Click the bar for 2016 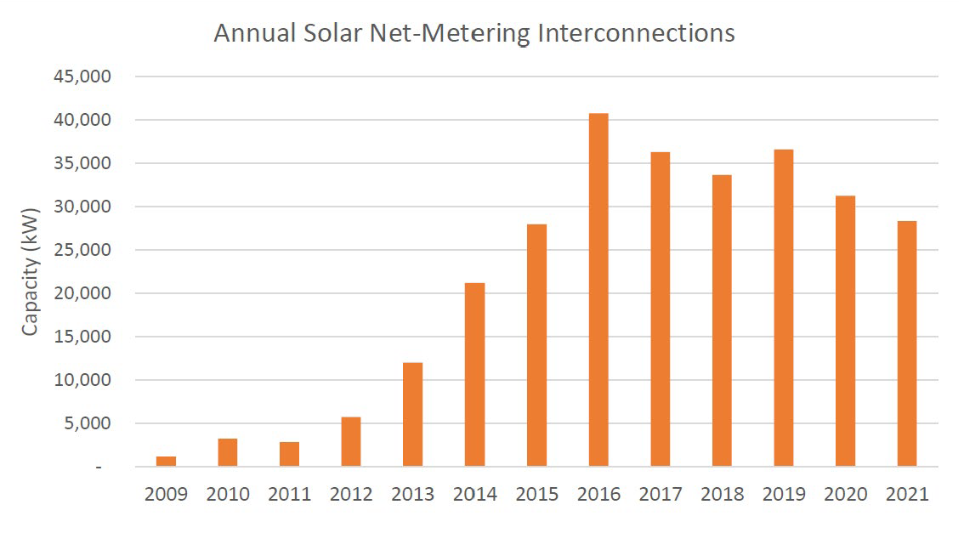(598, 290)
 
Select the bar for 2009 (166, 461)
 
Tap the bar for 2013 (412, 414)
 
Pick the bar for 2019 (783, 308)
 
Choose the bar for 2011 (289, 454)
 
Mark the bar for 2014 (474, 374)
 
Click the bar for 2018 (721, 320)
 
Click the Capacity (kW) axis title (30, 271)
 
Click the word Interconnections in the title (633, 33)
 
